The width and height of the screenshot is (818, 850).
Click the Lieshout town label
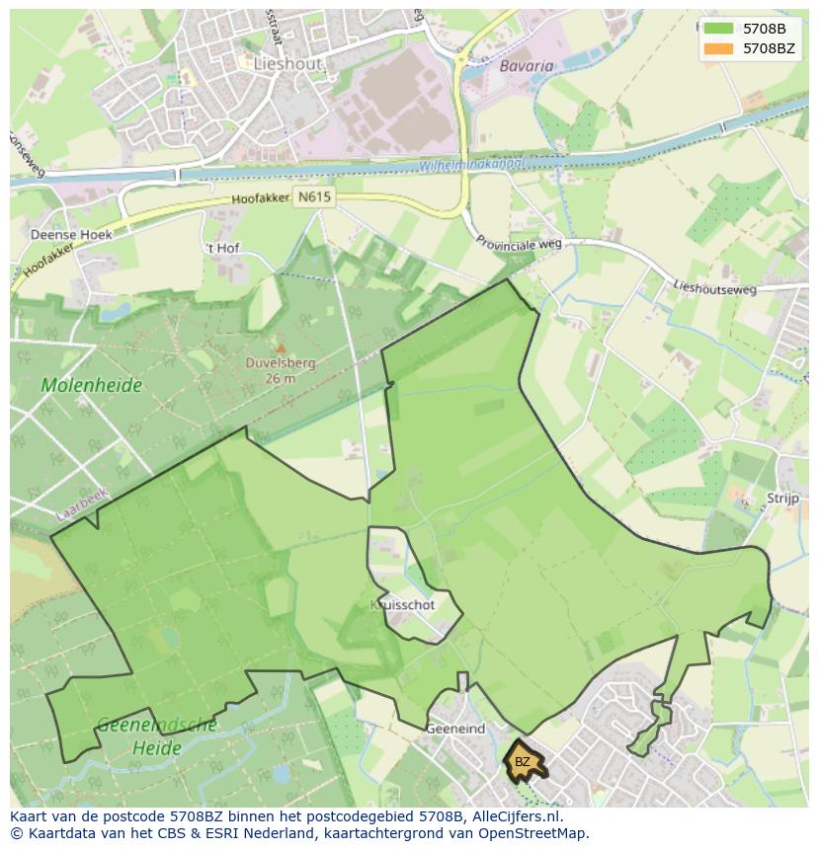(x=287, y=63)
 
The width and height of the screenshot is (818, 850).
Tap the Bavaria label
(x=527, y=66)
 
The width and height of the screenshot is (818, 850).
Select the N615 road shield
(x=314, y=196)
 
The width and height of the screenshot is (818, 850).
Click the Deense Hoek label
(x=71, y=235)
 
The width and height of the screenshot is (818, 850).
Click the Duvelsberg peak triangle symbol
(x=281, y=348)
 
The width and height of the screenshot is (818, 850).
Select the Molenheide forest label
(x=91, y=385)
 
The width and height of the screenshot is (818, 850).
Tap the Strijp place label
(x=782, y=499)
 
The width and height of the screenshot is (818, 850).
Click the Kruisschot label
(x=402, y=605)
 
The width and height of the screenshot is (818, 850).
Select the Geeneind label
(x=455, y=729)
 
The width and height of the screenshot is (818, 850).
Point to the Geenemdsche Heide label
(x=157, y=736)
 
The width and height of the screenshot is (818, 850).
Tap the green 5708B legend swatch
(x=718, y=29)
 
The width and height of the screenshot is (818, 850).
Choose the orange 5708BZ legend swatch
(x=718, y=48)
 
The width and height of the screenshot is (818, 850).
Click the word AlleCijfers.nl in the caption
(x=516, y=816)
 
